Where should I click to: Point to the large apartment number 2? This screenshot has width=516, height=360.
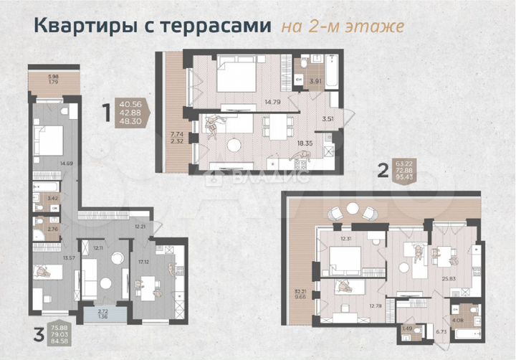[383, 170]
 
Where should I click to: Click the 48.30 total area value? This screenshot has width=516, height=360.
[132, 123]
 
